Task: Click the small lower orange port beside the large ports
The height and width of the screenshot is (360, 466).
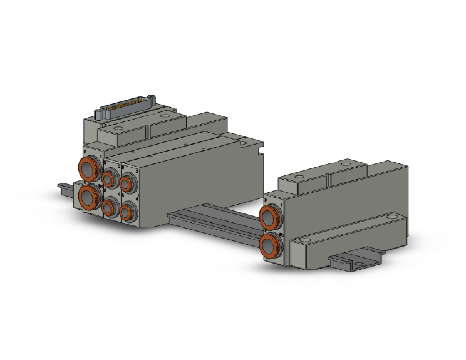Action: (x=111, y=208)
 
